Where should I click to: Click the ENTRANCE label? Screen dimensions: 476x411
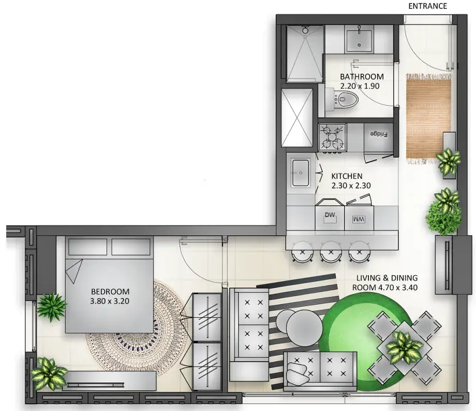427,6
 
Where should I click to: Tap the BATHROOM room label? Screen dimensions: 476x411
362,77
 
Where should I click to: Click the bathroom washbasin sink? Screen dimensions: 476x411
359,38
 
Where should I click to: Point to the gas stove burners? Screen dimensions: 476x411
332,137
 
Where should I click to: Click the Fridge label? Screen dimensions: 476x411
379,134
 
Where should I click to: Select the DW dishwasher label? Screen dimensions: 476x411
330,215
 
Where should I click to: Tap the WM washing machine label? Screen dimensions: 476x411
359,219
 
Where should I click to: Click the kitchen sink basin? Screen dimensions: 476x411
300,173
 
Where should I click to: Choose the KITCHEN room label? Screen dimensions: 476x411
347,176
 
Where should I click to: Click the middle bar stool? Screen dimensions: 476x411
331,251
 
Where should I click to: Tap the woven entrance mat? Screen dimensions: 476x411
428,119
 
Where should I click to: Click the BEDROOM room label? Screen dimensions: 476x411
110,291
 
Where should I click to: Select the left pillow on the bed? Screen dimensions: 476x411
88,247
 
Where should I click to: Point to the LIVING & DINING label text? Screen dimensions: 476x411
387,278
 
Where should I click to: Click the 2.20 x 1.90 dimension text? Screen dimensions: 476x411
360,86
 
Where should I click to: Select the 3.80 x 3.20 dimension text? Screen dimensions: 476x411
110,301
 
